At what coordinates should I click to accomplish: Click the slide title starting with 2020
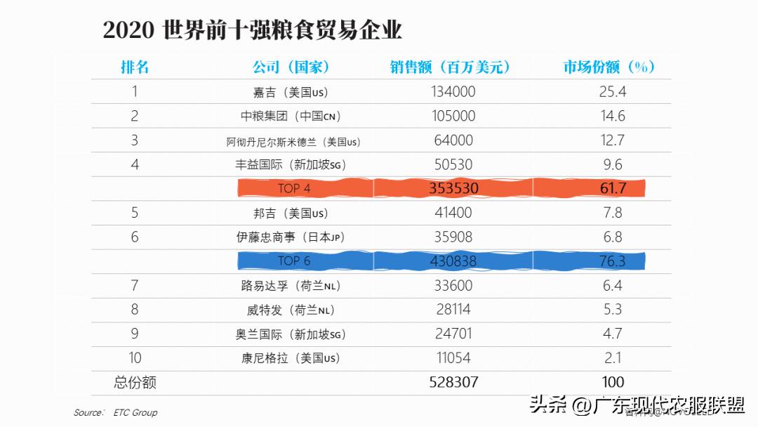252,30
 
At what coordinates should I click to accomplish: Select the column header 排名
135,67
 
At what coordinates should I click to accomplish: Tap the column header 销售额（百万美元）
450,67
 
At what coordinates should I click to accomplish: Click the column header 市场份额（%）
609,67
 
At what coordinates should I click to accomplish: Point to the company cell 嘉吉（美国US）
291,92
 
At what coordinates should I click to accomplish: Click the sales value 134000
453,91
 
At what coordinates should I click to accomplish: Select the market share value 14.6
612,116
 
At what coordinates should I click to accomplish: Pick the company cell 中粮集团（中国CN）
291,116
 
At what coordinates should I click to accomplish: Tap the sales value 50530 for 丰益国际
453,164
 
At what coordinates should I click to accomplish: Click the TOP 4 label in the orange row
294,188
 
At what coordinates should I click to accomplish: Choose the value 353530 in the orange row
453,188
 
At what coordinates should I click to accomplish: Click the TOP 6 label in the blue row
294,261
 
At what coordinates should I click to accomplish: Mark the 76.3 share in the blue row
612,261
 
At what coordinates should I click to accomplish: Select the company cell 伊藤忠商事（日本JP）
291,237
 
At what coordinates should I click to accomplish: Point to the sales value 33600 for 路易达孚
453,285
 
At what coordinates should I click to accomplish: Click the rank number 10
135,357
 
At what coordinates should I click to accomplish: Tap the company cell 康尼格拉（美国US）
291,358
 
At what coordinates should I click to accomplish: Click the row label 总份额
135,382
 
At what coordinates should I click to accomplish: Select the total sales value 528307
453,382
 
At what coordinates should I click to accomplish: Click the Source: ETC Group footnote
116,412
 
